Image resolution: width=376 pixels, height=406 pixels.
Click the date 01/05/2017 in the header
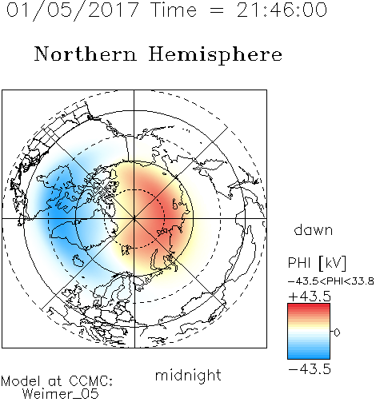[73, 10]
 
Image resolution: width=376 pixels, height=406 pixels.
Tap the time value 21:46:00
[282, 10]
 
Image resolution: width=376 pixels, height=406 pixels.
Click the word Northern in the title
[86, 54]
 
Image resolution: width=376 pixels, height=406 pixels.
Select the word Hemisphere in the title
[215, 55]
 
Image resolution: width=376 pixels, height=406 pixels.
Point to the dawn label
[314, 229]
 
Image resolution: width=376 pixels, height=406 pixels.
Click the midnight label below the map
[188, 375]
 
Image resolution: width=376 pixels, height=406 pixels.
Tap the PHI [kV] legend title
[318, 263]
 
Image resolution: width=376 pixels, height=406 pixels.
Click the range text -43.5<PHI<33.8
[331, 281]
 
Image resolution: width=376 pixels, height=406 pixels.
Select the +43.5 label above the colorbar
[310, 297]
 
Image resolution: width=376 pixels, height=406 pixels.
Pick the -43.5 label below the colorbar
[310, 369]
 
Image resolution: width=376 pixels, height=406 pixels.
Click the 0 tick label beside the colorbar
[337, 332]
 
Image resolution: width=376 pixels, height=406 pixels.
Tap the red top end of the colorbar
[309, 305]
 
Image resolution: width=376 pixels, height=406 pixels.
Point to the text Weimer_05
[61, 393]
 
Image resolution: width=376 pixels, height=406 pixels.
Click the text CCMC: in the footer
[90, 381]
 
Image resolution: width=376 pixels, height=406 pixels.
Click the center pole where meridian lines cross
[134, 219]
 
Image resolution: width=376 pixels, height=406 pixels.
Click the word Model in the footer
[21, 381]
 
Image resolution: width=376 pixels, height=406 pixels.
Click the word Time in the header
[174, 10]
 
